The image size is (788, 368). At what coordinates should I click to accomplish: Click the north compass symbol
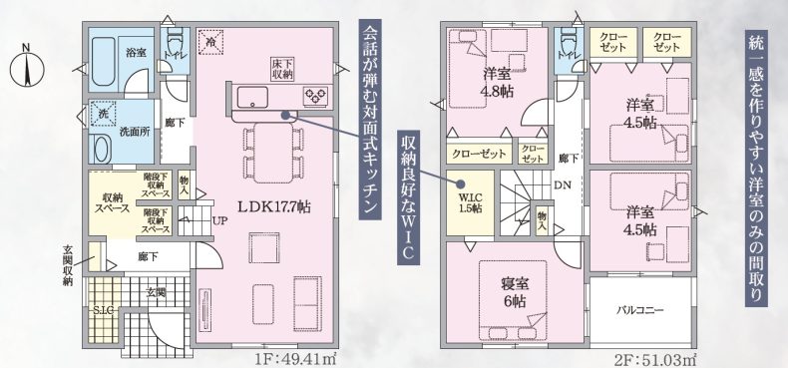(x=27, y=67)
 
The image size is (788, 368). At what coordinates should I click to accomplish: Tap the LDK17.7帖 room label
(x=273, y=206)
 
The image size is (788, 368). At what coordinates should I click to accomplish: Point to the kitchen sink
(x=252, y=96)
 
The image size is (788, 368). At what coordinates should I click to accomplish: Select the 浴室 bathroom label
(x=136, y=51)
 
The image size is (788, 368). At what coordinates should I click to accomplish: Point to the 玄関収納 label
(x=68, y=265)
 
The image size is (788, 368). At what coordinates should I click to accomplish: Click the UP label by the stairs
(x=218, y=220)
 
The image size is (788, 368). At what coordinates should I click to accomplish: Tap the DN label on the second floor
(x=563, y=184)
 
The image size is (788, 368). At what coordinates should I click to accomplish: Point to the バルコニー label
(x=639, y=310)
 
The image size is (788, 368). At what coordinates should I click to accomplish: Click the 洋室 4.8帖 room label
(x=497, y=83)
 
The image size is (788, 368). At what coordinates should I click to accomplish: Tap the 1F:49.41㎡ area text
(x=295, y=360)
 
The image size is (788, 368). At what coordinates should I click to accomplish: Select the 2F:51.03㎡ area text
(x=655, y=360)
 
